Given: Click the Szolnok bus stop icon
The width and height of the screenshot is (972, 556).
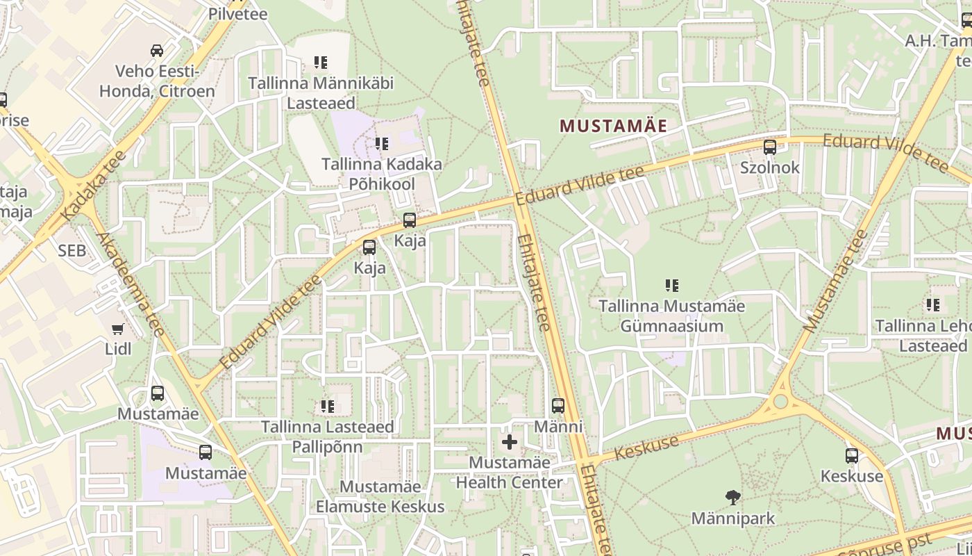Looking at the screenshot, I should tap(769, 147).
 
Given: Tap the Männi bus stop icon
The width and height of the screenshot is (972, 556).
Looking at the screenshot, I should tap(558, 406).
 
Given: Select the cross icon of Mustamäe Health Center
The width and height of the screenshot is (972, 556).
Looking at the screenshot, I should tap(510, 441).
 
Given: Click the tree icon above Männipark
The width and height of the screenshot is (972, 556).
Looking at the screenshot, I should tap(732, 497).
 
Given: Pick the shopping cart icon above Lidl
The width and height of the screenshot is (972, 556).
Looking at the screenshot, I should tap(118, 329).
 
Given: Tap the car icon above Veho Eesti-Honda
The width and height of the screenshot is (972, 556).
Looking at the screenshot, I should tap(157, 50).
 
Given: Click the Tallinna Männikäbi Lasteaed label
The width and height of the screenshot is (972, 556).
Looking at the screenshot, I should tap(321, 93).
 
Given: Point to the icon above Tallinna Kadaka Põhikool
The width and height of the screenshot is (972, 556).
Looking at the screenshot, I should tap(381, 144).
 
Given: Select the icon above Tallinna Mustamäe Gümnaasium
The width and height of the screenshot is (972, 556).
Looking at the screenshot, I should tap(671, 285).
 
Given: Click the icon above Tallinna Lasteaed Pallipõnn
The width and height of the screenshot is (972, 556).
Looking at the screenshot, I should tap(327, 406).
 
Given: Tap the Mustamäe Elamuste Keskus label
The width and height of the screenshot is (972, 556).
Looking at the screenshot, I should tap(380, 496).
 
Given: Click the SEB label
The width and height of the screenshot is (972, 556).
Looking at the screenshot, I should tap(72, 251).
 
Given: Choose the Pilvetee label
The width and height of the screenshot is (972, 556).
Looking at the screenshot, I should tap(238, 13).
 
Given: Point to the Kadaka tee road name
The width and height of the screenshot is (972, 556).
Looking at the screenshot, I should tap(93, 186).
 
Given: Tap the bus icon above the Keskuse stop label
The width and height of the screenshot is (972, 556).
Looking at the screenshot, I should tap(851, 456).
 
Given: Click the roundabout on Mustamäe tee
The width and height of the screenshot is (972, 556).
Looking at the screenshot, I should tap(781, 401).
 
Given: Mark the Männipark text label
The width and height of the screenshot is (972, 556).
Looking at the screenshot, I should tap(732, 518).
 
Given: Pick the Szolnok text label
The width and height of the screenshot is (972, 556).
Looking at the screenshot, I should tap(769, 167).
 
